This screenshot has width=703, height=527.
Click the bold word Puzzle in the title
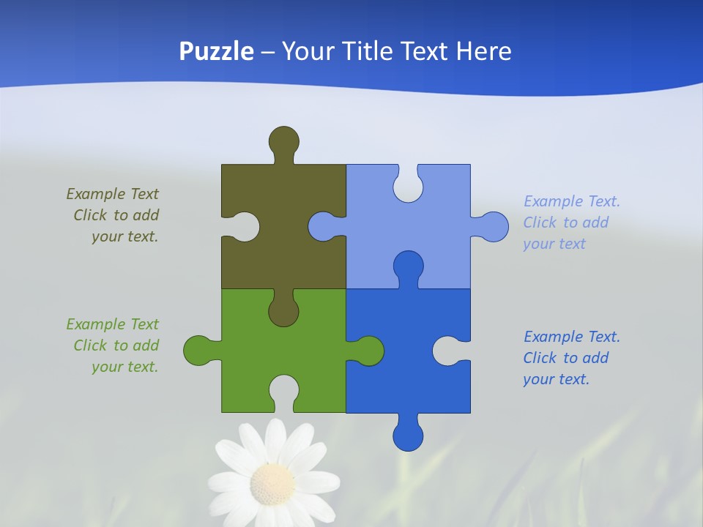click(217, 51)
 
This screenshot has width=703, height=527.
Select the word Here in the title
click(483, 51)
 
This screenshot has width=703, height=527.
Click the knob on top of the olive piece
click(283, 141)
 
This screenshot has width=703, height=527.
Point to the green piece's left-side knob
click(198, 350)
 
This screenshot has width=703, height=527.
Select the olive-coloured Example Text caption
click(114, 215)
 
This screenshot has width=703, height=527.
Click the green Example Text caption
click(114, 345)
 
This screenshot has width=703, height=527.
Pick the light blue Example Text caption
click(571, 223)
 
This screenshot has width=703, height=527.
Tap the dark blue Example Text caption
click(571, 358)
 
